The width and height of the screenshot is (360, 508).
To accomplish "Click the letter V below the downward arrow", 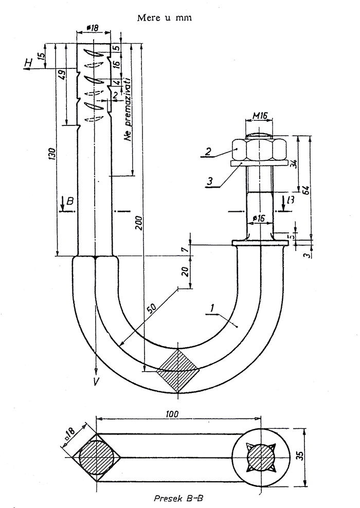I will pos(96,381).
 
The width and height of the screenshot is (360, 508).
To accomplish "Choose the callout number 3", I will pos(209,182).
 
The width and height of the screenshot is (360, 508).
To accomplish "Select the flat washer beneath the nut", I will pos(258,163).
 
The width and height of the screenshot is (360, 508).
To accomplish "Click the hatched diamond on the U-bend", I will pos(178,369).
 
